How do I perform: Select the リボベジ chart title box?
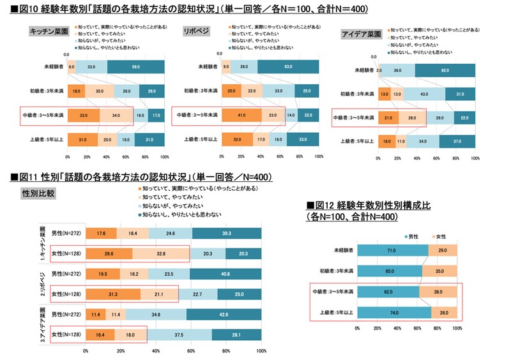point(196,31)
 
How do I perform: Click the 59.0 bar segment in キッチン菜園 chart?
point(135,66)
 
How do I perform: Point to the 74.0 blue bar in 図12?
point(394,311)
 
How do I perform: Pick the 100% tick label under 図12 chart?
point(457,329)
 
